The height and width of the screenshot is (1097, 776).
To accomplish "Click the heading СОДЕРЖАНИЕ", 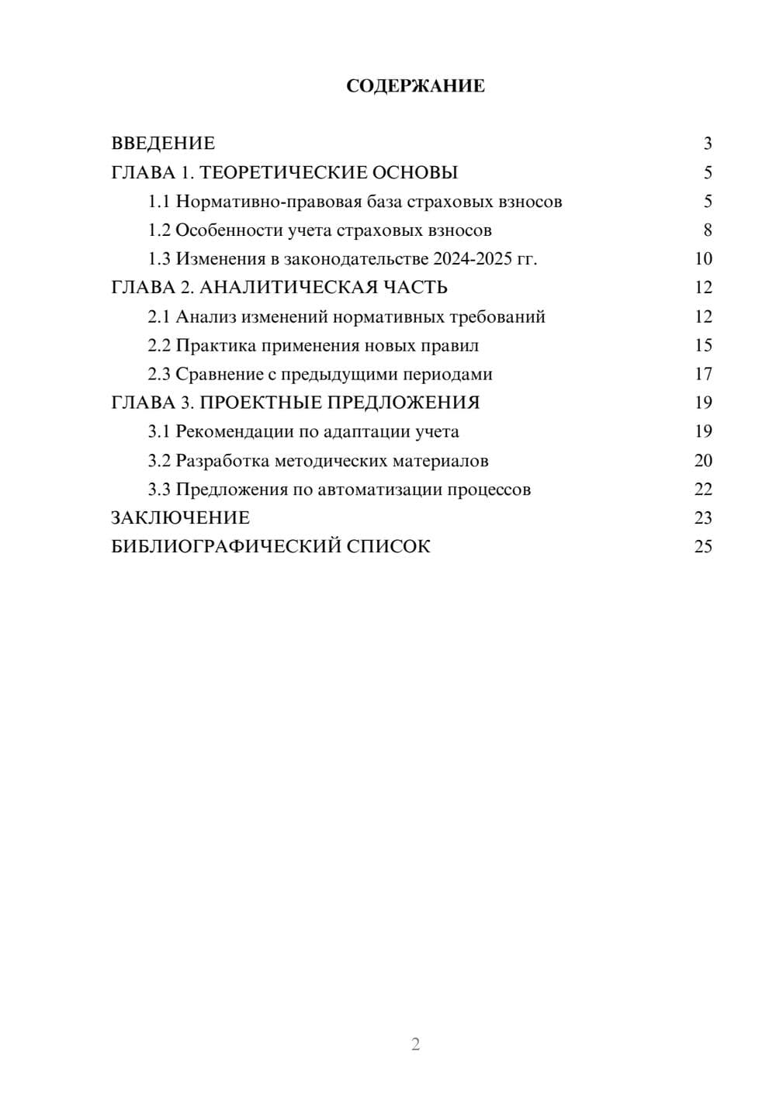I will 415,86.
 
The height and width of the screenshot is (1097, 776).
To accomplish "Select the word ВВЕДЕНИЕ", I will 163,144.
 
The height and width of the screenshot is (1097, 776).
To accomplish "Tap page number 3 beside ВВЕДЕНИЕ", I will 707,144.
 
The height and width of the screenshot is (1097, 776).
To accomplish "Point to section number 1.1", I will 159,202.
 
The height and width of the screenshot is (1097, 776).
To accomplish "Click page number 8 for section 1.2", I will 707,230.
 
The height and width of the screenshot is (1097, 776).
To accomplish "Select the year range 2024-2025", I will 473,259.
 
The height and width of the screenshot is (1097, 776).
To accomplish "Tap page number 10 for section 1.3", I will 703,259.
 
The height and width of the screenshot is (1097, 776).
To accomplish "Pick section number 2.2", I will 159,346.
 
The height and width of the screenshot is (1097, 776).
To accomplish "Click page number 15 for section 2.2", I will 703,346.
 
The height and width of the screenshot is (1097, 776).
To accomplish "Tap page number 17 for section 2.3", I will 703,375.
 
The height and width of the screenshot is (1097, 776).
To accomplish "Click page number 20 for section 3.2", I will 703,461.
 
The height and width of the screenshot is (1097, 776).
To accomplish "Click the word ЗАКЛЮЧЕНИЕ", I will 180,518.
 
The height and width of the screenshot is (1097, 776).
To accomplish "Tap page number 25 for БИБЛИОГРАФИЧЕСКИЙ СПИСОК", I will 703,547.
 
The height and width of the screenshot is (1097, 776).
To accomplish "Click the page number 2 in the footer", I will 415,1044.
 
